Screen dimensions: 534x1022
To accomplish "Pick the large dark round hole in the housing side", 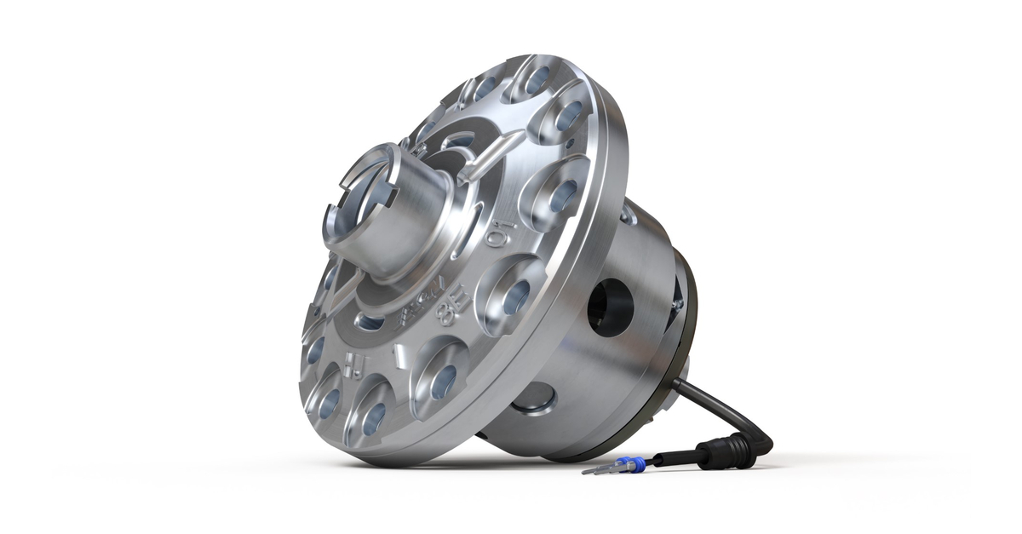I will click(x=611, y=307).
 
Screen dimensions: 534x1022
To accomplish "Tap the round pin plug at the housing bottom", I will click(x=535, y=398).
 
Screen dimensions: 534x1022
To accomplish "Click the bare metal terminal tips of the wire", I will click(x=596, y=468).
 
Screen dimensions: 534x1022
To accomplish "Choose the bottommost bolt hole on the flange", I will click(x=373, y=418).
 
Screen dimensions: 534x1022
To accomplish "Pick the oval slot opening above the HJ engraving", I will click(x=369, y=321).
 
